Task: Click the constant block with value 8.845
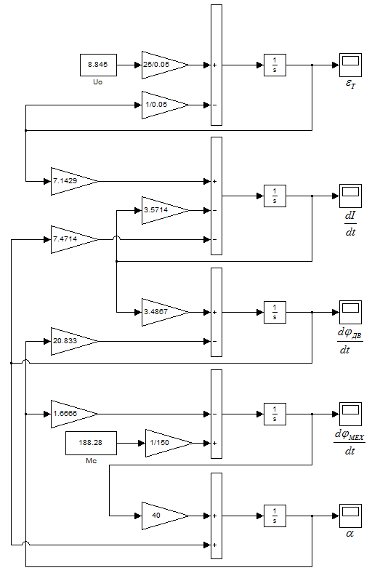[x=99, y=65]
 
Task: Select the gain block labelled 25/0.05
[x=165, y=65]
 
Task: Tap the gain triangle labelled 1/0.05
[x=165, y=105]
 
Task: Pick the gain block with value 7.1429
[x=74, y=181]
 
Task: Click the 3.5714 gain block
[x=165, y=210]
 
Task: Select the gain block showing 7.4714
[x=74, y=239]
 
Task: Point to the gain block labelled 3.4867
[x=165, y=312]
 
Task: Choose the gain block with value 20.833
[x=74, y=341]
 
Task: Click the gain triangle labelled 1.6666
[x=74, y=414]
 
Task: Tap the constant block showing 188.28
[x=91, y=443]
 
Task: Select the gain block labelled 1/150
[x=169, y=443]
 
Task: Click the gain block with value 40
[x=165, y=516]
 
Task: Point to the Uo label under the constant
[x=97, y=82]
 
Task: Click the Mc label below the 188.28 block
[x=91, y=461]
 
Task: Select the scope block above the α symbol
[x=350, y=516]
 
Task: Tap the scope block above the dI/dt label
[x=350, y=196]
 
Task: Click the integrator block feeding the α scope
[x=275, y=516]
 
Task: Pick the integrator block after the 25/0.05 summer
[x=275, y=65]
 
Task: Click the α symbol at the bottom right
[x=349, y=534]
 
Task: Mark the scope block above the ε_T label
[x=350, y=65]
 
